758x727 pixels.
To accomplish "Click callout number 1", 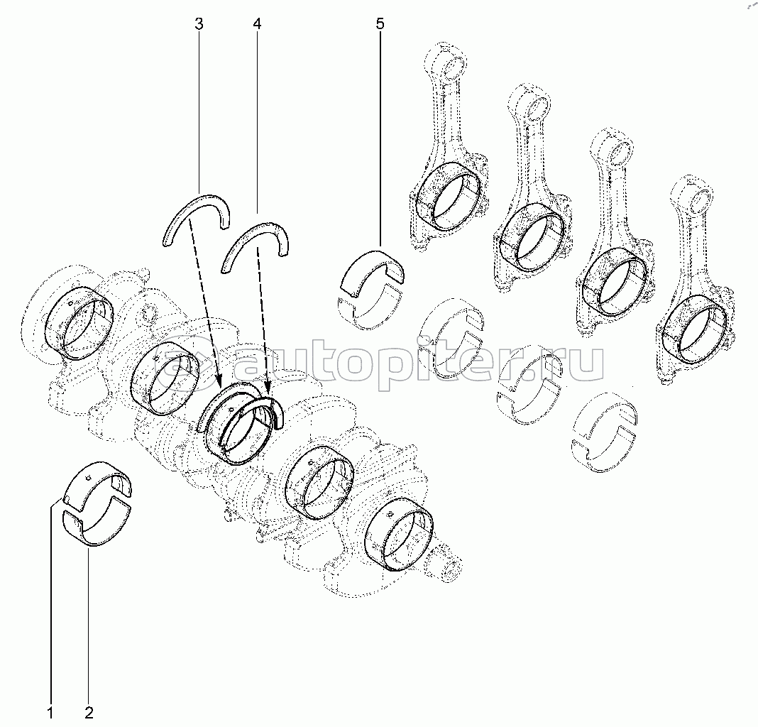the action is click(50, 712).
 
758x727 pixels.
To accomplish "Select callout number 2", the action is click(89, 712).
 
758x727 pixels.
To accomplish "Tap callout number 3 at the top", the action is click(199, 24).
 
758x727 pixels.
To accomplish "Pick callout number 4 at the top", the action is click(257, 24).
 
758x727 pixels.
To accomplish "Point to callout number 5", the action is click(380, 24).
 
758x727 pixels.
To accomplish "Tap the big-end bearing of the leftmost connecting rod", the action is click(448, 196).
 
